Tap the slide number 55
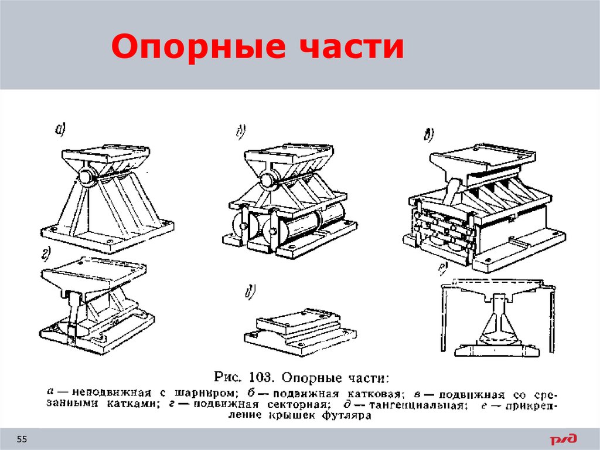coord(22,439)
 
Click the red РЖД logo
coord(562,439)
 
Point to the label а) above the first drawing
coord(60,131)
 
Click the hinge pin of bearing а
coord(86,177)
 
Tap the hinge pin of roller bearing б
coord(270,180)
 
